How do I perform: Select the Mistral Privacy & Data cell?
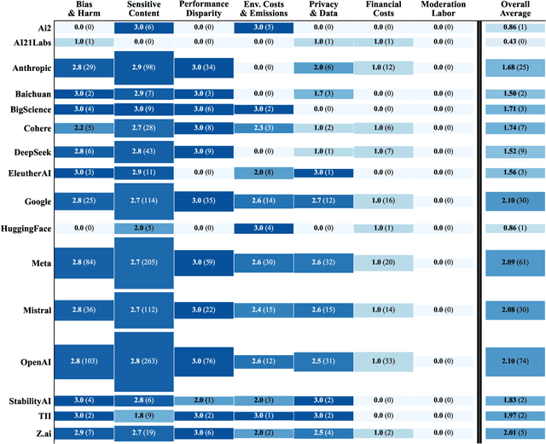pos(322,310)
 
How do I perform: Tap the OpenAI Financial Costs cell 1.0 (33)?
pos(383,362)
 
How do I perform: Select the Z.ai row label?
pos(40,434)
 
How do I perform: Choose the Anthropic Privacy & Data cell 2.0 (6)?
pos(322,67)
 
